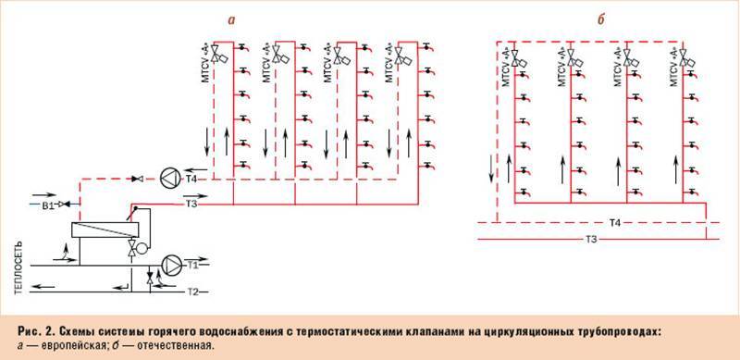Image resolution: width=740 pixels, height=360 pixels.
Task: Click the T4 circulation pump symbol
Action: coord(172,178)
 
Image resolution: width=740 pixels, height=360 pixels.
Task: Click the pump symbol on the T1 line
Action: coord(172,264)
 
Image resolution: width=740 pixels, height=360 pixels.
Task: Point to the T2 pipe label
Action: coord(193,292)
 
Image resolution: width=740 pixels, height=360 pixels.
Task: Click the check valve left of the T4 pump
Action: coord(138,178)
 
